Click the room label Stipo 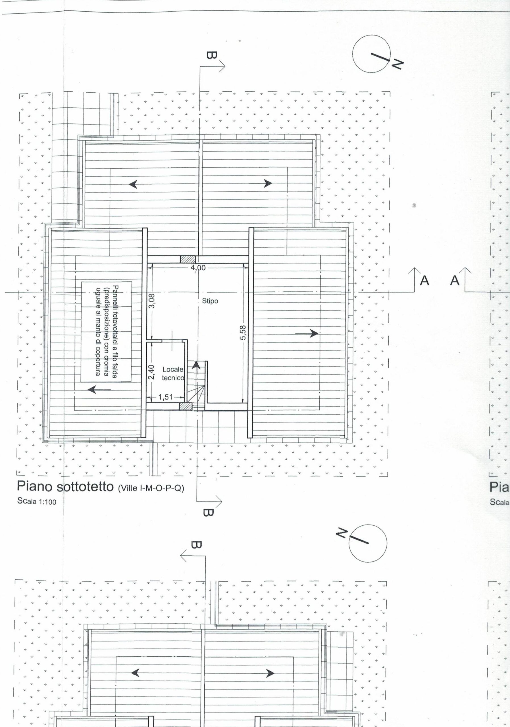click(x=210, y=301)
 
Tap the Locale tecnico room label click(x=173, y=373)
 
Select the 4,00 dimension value click(x=198, y=268)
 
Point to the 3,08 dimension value click(x=152, y=301)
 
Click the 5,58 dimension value click(x=243, y=333)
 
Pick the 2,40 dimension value click(x=152, y=372)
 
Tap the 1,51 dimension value click(x=165, y=397)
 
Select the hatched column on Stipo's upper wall click(x=188, y=259)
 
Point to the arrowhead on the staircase click(x=196, y=365)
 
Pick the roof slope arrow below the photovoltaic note click(x=99, y=389)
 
